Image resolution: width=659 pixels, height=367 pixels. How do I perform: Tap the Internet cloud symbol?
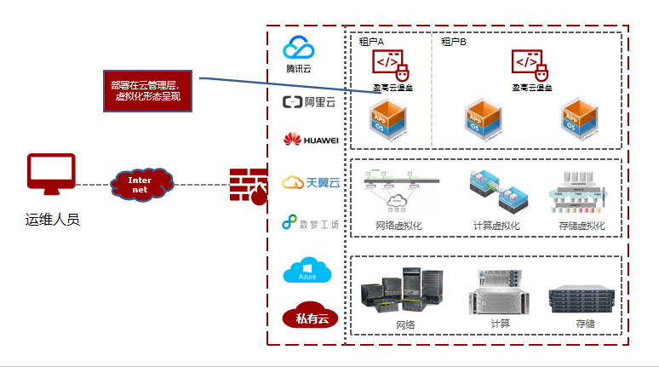pyautogui.click(x=141, y=184)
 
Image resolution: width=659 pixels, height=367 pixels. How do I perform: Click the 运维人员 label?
pyautogui.click(x=52, y=221)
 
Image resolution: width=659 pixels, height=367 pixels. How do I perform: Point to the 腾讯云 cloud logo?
pyautogui.click(x=300, y=54)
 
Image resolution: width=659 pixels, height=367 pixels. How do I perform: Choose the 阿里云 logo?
pyautogui.click(x=309, y=103)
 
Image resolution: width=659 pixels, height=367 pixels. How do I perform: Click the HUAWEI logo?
pyautogui.click(x=311, y=140)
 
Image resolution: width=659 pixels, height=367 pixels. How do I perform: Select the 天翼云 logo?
pyautogui.click(x=311, y=182)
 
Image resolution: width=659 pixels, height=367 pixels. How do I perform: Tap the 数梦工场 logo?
pyautogui.click(x=311, y=225)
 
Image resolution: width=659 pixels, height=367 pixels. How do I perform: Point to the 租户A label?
pyautogui.click(x=372, y=41)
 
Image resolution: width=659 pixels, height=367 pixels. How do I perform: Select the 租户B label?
pyautogui.click(x=454, y=41)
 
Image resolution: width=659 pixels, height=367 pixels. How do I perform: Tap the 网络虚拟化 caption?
pyautogui.click(x=398, y=226)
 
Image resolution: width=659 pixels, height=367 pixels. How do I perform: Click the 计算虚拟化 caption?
pyautogui.click(x=496, y=226)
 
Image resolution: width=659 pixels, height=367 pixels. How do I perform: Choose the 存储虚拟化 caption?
pyautogui.click(x=582, y=226)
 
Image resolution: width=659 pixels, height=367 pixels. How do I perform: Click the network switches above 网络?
pyautogui.click(x=403, y=290)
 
